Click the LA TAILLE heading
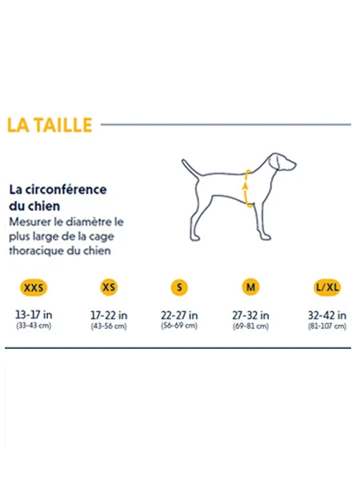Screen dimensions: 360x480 tap(50, 126)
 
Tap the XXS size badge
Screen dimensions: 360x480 tap(34, 288)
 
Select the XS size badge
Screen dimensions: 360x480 tap(109, 287)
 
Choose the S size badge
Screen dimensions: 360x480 tap(179, 287)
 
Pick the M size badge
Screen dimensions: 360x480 tap(250, 287)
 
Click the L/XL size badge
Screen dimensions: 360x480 tap(327, 287)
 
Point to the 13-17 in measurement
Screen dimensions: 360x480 tap(34, 314)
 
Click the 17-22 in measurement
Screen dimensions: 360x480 tap(109, 315)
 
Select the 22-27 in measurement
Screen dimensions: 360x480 tap(179, 315)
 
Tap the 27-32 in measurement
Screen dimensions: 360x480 tap(250, 315)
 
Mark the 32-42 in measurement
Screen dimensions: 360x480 tap(327, 315)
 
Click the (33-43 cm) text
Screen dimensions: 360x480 tap(34, 326)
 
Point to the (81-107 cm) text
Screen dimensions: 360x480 tap(327, 326)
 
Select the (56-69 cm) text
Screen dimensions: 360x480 tap(179, 326)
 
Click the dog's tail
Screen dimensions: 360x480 tap(190, 168)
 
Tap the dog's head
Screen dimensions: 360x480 tap(282, 162)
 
